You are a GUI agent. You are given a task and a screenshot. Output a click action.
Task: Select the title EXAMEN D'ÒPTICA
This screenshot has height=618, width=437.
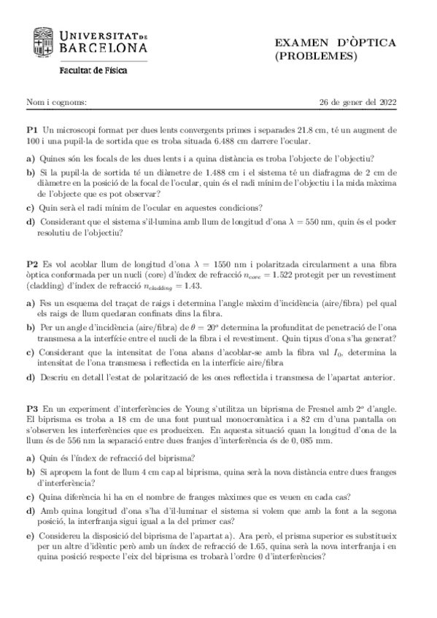pyautogui.click(x=335, y=43)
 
